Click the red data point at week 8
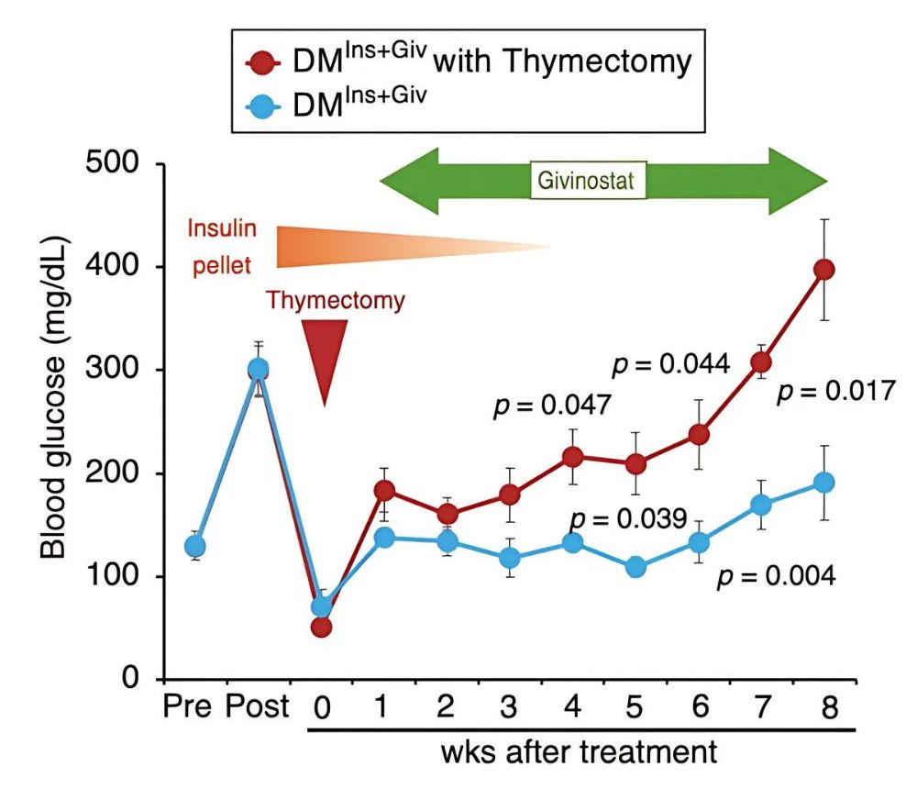824,270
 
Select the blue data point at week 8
824,483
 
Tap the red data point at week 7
761,361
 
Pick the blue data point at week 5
635,567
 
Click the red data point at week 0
321,628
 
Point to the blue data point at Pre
195,547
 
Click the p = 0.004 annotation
776,577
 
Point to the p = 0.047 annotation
552,406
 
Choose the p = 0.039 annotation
627,519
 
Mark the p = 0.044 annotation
670,365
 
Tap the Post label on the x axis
257,708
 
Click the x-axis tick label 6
699,708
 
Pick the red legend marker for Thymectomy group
263,62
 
